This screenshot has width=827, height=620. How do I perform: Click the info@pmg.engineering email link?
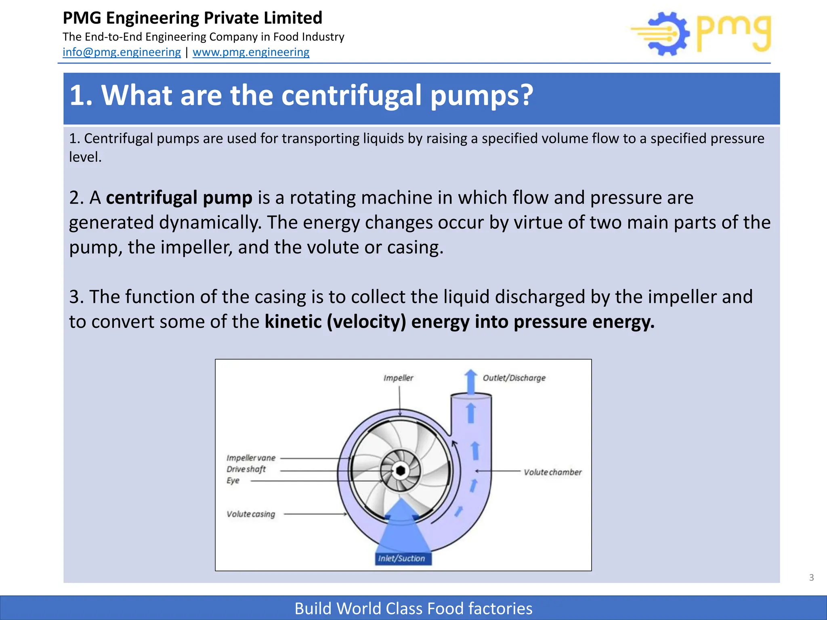point(122,52)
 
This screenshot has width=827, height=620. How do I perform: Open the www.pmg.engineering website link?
point(251,52)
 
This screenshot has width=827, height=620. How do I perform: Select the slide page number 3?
point(811,578)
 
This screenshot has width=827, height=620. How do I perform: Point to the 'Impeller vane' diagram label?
point(251,458)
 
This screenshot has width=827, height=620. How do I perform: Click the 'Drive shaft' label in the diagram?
point(246,469)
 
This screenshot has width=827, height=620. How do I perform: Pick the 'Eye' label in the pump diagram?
point(233,481)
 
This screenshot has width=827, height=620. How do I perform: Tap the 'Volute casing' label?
point(251,514)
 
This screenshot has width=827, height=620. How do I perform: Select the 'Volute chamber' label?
point(552,472)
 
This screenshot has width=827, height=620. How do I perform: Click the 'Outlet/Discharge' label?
point(514,378)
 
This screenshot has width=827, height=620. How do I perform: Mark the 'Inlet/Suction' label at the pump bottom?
point(401,559)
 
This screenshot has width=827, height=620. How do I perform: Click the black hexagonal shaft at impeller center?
point(401,471)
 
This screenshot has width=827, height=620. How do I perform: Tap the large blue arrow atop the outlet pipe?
point(470,380)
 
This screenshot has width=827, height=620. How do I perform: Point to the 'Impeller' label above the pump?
point(398,378)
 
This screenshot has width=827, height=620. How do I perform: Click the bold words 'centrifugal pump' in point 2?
point(179,198)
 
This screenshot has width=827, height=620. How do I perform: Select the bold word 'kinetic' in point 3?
point(293,322)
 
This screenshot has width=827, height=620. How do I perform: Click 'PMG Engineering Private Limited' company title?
point(193,18)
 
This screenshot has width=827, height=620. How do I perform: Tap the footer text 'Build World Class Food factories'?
point(413,608)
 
